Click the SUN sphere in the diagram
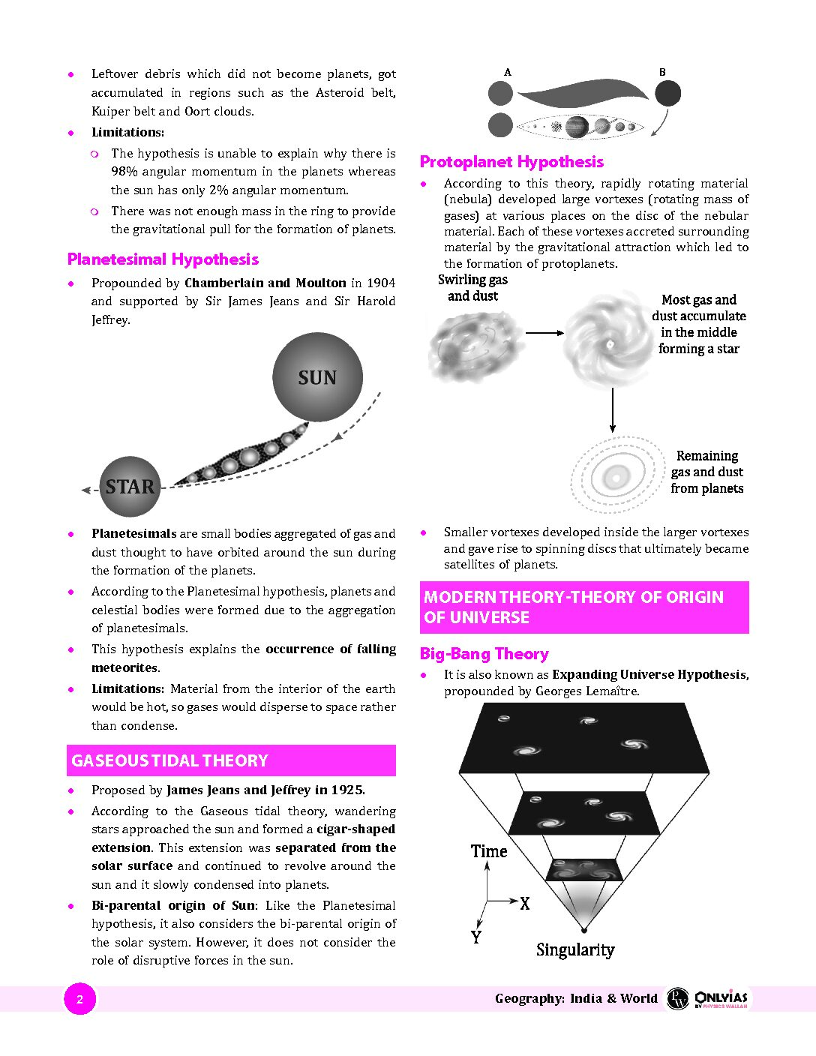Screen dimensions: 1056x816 coord(317,377)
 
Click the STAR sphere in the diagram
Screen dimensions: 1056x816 coord(130,487)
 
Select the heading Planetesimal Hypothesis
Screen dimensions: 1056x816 coord(163,259)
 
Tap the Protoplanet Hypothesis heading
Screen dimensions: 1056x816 coord(511,162)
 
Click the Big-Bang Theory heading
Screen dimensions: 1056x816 coord(484,654)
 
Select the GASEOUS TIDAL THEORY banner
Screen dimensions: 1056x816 coord(231,760)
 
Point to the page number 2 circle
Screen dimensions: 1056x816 coord(80,999)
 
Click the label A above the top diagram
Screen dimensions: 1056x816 coord(508,73)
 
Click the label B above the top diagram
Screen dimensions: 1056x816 coord(662,73)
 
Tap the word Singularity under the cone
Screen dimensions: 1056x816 coord(575,950)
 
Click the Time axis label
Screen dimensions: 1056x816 coord(489,851)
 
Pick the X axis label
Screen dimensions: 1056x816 coord(525,904)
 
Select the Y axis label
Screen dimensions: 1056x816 coord(475,937)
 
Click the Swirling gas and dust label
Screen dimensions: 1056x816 coord(472,288)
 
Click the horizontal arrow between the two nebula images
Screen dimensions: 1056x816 coord(544,333)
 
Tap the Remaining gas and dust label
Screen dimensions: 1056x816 coord(706,472)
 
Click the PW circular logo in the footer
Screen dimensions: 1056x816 coord(677,998)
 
